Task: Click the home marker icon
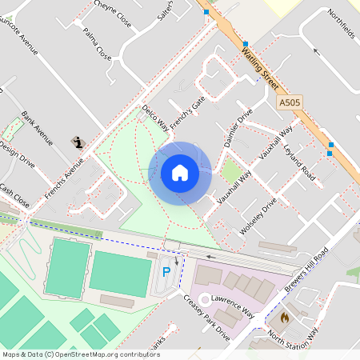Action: (x=180, y=173)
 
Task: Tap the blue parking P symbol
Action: (x=166, y=272)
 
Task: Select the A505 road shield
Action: (x=290, y=103)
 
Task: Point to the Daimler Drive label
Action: (x=238, y=126)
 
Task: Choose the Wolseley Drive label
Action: (x=258, y=216)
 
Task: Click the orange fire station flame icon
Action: (x=284, y=318)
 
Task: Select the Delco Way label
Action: (x=155, y=117)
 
